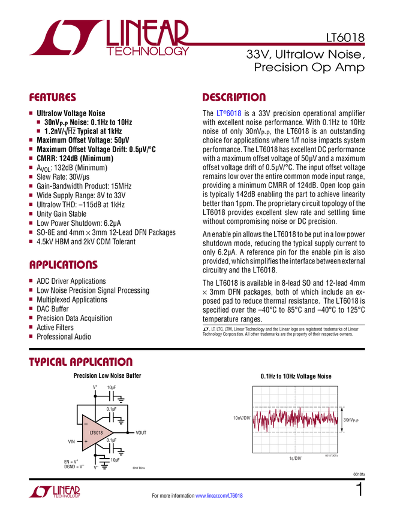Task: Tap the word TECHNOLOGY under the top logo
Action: (x=148, y=53)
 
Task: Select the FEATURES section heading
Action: (x=52, y=97)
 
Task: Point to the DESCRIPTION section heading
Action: (x=234, y=97)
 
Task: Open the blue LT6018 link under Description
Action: (x=229, y=113)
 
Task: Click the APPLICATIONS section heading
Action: (x=63, y=265)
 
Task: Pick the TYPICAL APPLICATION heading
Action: (x=80, y=362)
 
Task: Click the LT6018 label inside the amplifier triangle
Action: (x=96, y=432)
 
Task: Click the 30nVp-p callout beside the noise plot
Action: (x=351, y=420)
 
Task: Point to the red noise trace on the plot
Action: (x=294, y=419)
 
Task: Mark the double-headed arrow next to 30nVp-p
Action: (x=341, y=420)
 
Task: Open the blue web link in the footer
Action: (x=219, y=495)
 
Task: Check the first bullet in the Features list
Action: (x=31, y=113)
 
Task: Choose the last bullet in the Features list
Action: (x=31, y=242)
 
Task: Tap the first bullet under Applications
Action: (x=31, y=280)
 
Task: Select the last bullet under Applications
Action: (x=31, y=337)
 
